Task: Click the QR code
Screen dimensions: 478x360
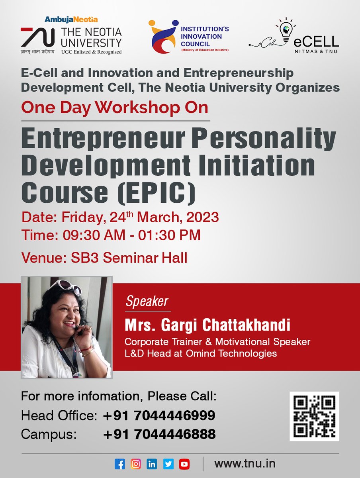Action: [x=314, y=416]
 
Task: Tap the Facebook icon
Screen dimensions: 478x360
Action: [x=119, y=464]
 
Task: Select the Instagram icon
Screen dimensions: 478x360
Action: [x=136, y=464]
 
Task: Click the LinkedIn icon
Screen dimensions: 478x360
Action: [x=152, y=464]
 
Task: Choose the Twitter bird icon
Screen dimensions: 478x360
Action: [x=168, y=464]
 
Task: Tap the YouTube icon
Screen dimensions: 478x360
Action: [x=184, y=464]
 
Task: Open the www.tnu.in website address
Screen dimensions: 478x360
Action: [x=245, y=464]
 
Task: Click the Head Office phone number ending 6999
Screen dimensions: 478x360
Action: [x=159, y=416]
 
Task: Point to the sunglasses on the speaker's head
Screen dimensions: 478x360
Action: [x=71, y=286]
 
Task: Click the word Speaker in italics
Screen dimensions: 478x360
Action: [x=147, y=302]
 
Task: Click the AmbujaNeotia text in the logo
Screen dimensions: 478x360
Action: [x=71, y=19]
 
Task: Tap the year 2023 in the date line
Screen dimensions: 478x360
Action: [x=200, y=217]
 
